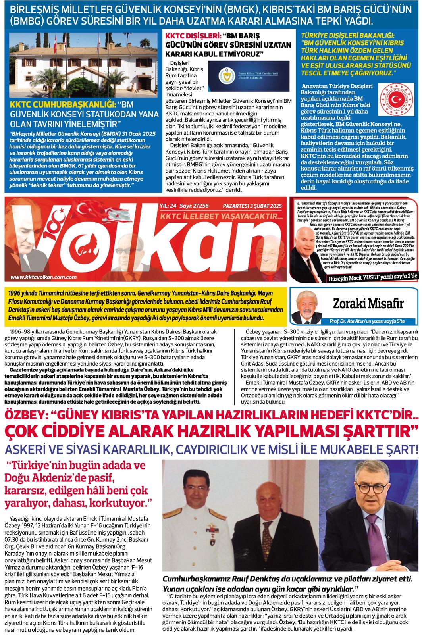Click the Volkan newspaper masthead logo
pos(147,241)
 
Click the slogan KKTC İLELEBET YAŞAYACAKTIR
pos(220,217)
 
